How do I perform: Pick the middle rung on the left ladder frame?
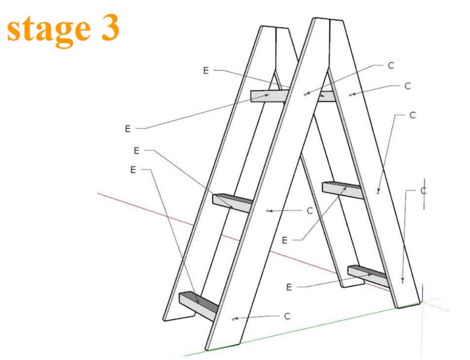(232, 202)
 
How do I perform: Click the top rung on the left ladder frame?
(268, 95)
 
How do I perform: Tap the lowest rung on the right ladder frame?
(367, 275)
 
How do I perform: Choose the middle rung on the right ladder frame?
(342, 189)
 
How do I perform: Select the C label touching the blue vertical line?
(423, 191)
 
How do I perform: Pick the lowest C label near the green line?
(286, 316)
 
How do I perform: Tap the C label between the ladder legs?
(309, 210)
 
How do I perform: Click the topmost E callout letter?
(206, 70)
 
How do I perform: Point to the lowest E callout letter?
(289, 287)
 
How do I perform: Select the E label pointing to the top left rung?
(127, 128)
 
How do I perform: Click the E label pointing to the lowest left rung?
(133, 170)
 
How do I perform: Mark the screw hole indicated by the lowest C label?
(235, 319)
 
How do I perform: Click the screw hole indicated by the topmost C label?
(305, 94)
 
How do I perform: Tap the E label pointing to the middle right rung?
(285, 240)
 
